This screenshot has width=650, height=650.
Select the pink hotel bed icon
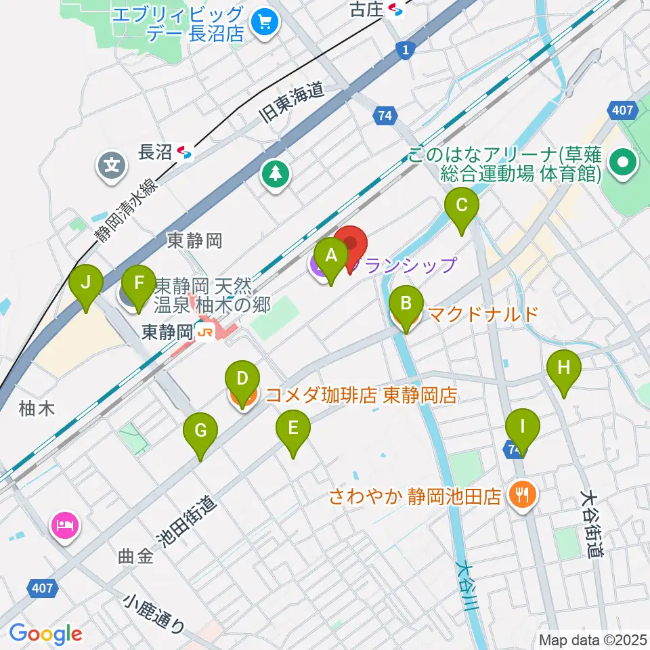click(x=66, y=523)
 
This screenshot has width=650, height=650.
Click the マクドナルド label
click(x=484, y=314)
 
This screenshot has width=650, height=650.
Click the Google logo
click(x=46, y=633)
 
